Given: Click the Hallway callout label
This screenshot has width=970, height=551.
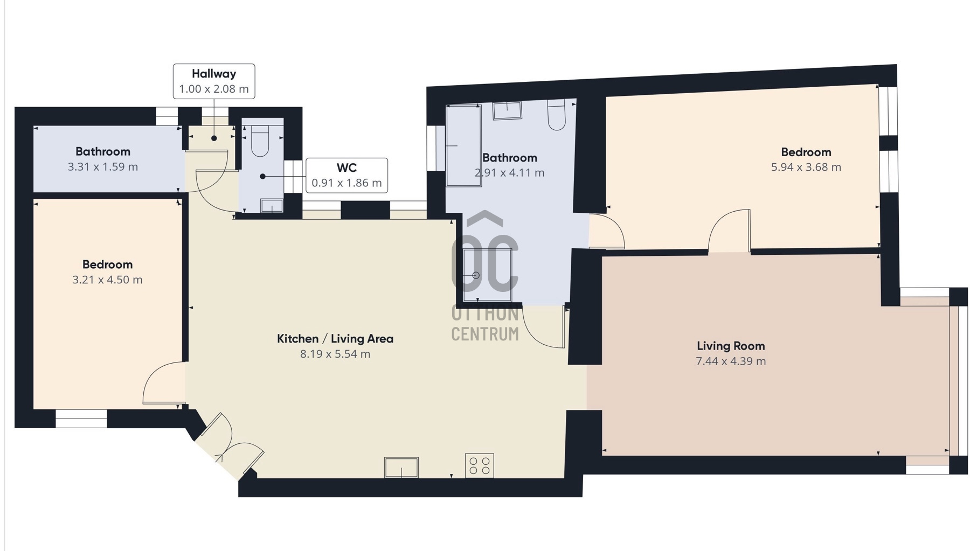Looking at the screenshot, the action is pyautogui.click(x=214, y=81).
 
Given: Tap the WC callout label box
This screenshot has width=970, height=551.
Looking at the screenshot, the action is pyautogui.click(x=347, y=176).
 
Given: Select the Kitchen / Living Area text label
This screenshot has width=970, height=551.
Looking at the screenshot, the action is pyautogui.click(x=335, y=339).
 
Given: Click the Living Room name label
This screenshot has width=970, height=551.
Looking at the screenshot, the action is pyautogui.click(x=731, y=346).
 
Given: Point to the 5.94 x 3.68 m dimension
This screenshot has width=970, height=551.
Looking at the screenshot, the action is pyautogui.click(x=806, y=167).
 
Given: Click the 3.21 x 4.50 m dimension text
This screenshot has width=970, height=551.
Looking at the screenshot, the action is pyautogui.click(x=108, y=280).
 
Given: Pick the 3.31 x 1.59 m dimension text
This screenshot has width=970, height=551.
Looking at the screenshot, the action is pyautogui.click(x=103, y=167).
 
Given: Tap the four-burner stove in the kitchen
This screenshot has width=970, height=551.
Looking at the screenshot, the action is pyautogui.click(x=480, y=465).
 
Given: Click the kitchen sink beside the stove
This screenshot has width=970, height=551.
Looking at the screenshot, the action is pyautogui.click(x=401, y=468).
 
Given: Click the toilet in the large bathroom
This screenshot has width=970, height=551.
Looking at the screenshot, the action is pyautogui.click(x=557, y=114).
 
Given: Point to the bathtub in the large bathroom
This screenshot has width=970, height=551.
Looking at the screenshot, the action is pyautogui.click(x=464, y=145).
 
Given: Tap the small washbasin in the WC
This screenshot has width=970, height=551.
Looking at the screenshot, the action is pyautogui.click(x=272, y=205).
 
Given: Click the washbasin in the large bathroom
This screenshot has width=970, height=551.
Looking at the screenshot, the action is pyautogui.click(x=507, y=110).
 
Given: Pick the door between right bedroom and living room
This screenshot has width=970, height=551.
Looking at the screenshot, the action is pyautogui.click(x=729, y=231).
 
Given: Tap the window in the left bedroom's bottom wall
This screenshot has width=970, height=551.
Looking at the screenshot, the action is pyautogui.click(x=81, y=419).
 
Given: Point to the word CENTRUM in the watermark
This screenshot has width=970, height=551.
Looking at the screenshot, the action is pyautogui.click(x=485, y=334).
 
